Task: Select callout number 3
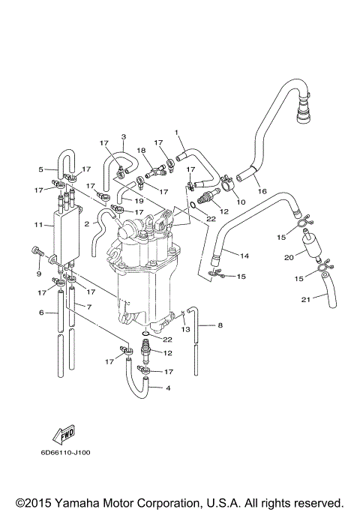[x=123, y=136]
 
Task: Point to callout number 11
[x=38, y=225]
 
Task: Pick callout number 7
[x=88, y=308]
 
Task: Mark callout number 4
[x=167, y=388]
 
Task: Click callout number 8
[x=220, y=325]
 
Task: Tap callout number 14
[x=245, y=256]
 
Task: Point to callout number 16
[x=262, y=191]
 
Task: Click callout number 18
[x=140, y=151]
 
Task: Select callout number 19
[x=140, y=201]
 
